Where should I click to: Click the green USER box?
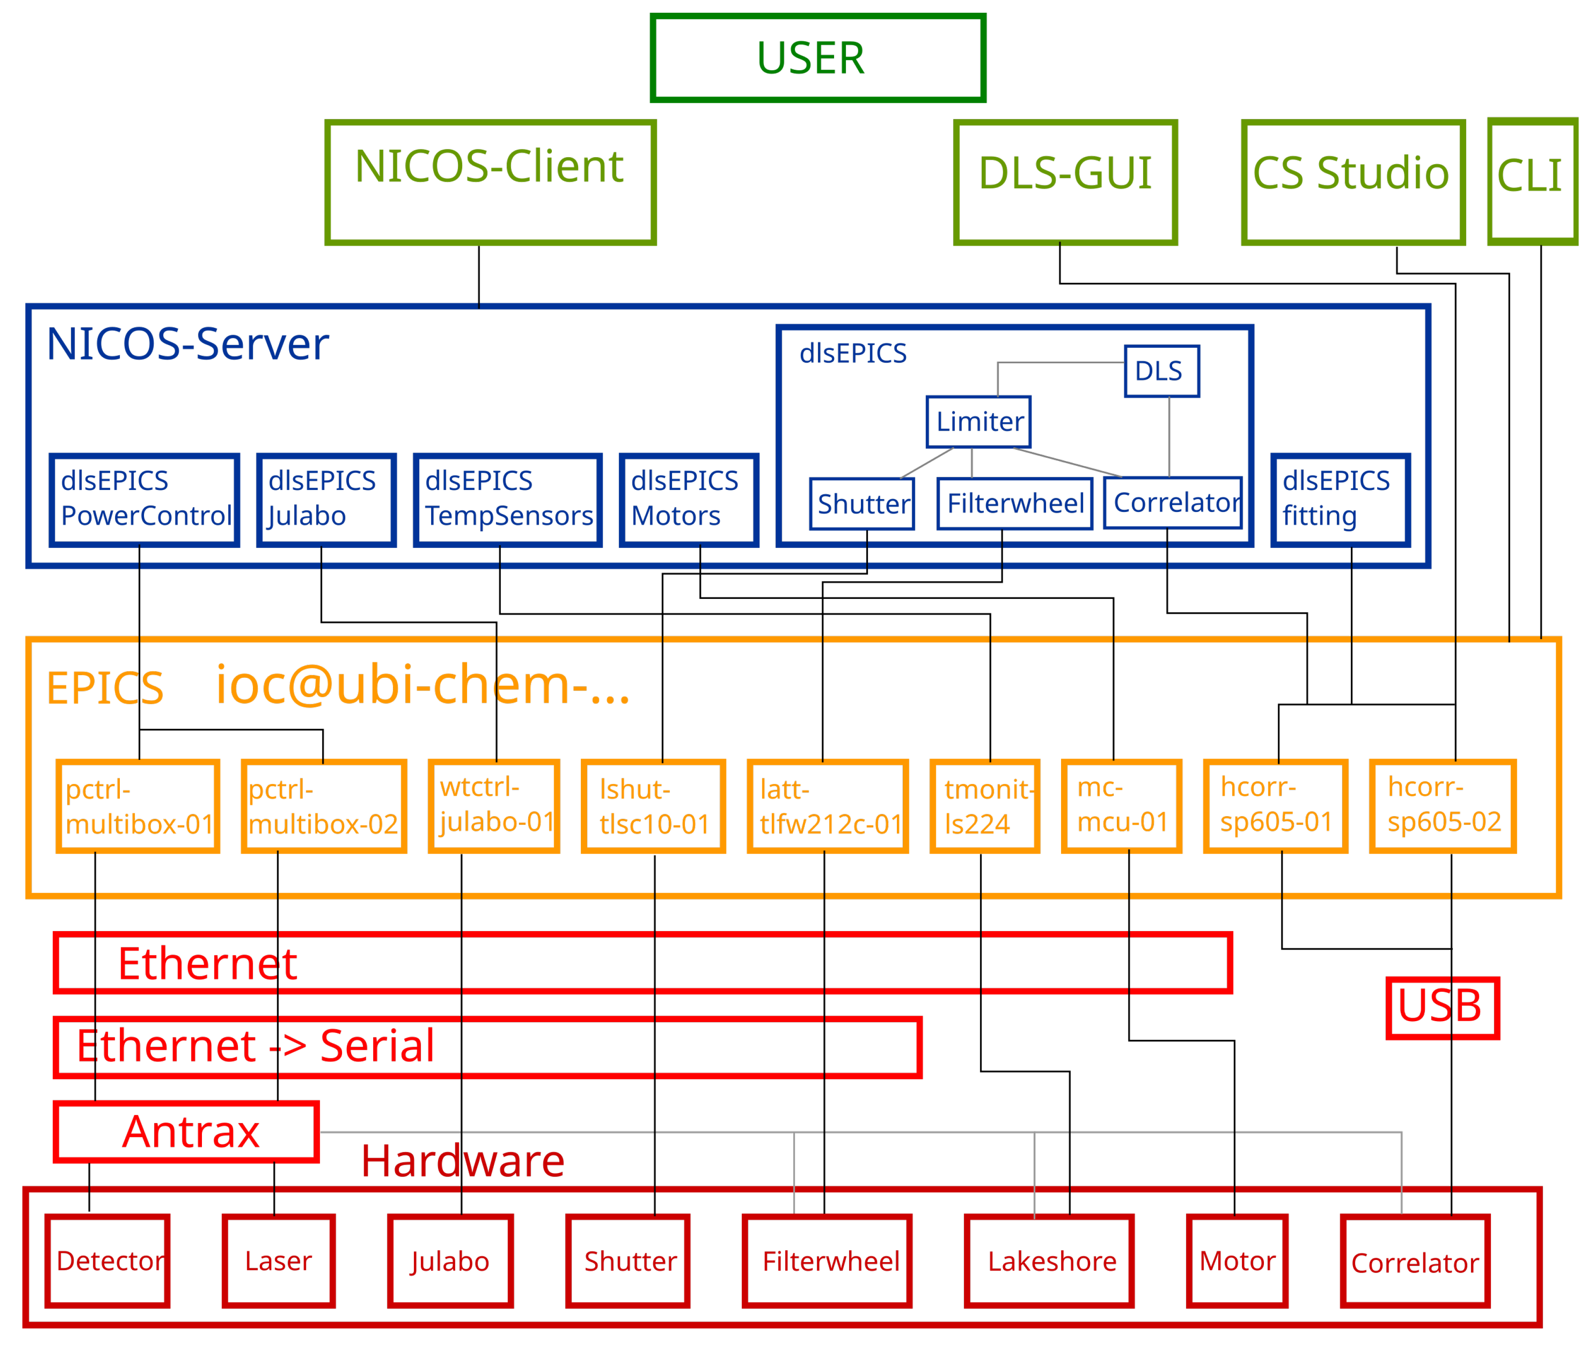(x=817, y=58)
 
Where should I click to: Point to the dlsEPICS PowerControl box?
(x=144, y=500)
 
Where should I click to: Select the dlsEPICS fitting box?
(x=1339, y=500)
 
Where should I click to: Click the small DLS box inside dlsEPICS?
(x=1161, y=371)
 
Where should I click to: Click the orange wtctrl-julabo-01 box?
(x=494, y=806)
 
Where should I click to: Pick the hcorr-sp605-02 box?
(x=1441, y=806)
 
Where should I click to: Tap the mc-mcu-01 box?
(x=1120, y=806)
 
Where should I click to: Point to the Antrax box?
(x=186, y=1132)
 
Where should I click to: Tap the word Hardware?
(x=462, y=1161)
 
